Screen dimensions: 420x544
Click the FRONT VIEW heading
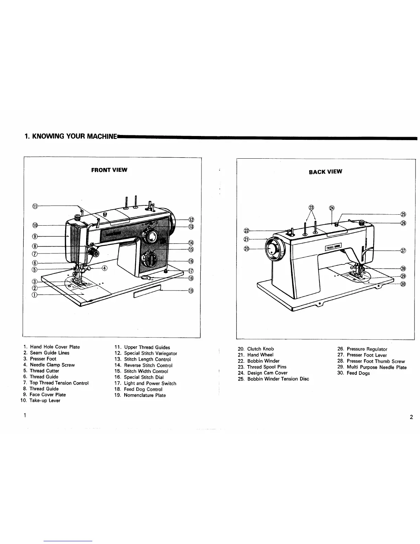pos(109,170)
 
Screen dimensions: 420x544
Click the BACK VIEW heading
pos(325,172)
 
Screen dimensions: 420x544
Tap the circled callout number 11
pos(34,206)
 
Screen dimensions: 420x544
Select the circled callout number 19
pos(191,291)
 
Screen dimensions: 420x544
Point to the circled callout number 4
pos(104,268)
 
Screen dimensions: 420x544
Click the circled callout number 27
pos(403,250)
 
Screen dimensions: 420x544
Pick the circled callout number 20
pos(246,249)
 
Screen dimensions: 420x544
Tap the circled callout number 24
pos(332,208)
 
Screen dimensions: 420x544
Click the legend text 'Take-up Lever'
pos(45,400)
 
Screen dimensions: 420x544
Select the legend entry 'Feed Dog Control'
pos(143,389)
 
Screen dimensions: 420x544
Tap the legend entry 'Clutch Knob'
pos(260,349)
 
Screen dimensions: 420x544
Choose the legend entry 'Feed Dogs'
pos(358,373)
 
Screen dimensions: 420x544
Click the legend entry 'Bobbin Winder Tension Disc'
pos(278,379)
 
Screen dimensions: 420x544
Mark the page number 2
pos(411,417)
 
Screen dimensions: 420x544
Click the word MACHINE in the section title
pos(102,137)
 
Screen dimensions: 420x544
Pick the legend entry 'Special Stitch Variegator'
pos(150,353)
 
